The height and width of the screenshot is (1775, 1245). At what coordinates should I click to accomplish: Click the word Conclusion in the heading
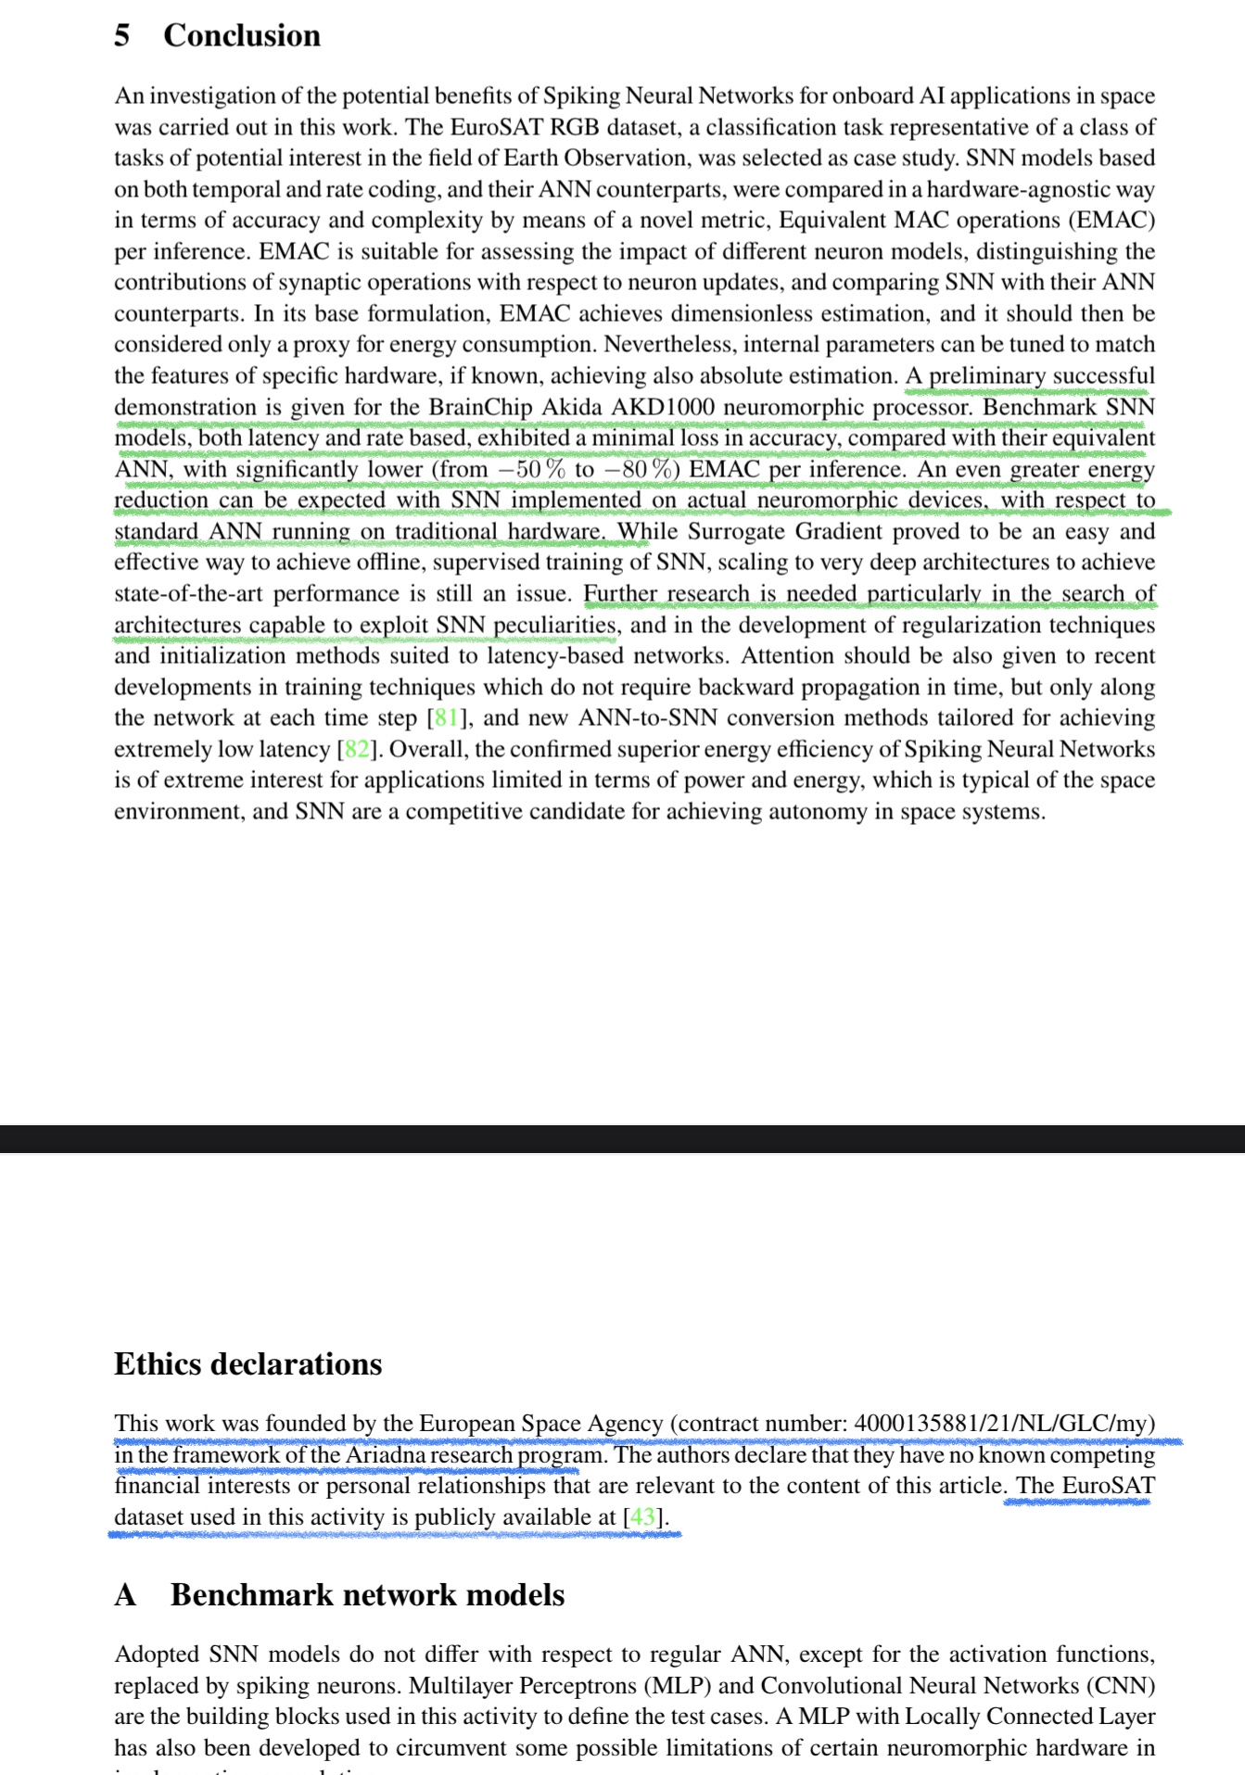(242, 35)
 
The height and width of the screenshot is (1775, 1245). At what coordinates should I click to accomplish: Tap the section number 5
(121, 35)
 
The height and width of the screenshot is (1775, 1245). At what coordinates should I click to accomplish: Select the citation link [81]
(446, 718)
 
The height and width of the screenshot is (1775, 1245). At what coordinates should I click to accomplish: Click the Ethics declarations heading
(248, 1364)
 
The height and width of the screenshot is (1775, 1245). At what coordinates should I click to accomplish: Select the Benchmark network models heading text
(367, 1595)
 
